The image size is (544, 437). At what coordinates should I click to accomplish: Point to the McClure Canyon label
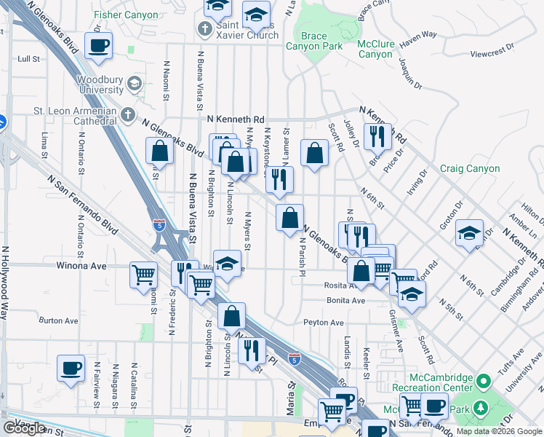[x=376, y=49]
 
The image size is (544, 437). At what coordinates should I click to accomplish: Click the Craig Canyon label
[x=470, y=168]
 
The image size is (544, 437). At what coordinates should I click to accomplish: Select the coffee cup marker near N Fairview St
[x=71, y=368]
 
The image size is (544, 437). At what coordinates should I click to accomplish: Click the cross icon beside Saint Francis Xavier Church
[x=206, y=30]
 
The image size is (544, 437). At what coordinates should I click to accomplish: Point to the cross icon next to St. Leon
[x=128, y=115]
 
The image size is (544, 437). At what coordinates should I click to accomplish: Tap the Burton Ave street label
[x=58, y=320]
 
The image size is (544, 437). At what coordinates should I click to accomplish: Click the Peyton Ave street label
[x=323, y=322]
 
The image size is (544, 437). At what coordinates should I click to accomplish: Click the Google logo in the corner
[x=24, y=428]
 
